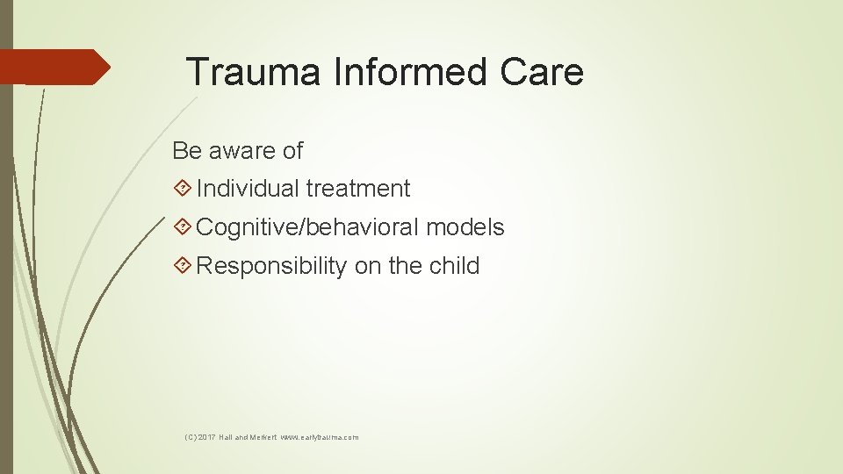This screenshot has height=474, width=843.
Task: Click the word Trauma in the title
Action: pos(254,72)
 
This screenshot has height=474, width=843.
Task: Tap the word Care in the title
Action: pos(542,72)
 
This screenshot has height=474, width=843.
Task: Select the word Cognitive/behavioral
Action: pos(307,227)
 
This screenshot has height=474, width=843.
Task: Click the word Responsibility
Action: pos(271,266)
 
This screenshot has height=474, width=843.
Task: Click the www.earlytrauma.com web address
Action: pos(320,437)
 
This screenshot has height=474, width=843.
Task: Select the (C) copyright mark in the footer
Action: pos(191,437)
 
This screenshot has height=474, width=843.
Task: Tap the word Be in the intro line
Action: pos(186,151)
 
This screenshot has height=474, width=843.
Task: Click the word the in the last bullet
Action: pos(402,266)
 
